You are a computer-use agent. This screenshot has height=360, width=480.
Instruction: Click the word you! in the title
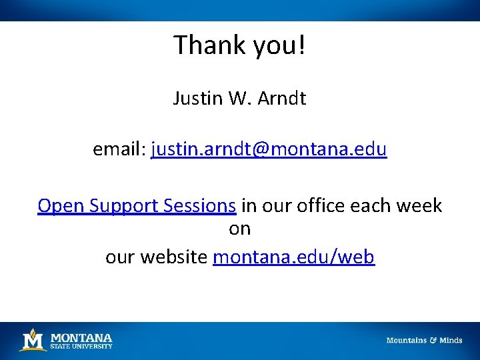click(x=279, y=46)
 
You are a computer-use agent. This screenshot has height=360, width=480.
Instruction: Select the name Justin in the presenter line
click(x=195, y=99)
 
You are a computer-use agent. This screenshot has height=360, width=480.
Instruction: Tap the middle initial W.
click(x=237, y=99)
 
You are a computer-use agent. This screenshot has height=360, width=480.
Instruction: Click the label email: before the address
click(x=119, y=149)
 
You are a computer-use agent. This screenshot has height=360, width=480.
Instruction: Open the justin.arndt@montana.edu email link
click(x=269, y=149)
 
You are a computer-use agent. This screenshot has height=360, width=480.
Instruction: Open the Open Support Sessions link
click(x=137, y=205)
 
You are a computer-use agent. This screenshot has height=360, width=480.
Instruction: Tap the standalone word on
click(x=240, y=229)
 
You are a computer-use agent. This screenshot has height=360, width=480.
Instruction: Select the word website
click(x=174, y=257)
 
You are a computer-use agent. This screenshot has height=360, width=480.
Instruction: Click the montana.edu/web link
click(x=293, y=257)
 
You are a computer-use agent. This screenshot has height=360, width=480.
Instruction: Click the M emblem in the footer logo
click(x=33, y=340)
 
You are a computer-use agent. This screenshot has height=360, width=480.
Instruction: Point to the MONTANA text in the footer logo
click(x=81, y=337)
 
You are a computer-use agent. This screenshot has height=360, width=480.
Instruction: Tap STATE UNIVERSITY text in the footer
click(x=81, y=346)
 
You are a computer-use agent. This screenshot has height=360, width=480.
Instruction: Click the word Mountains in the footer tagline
click(x=406, y=340)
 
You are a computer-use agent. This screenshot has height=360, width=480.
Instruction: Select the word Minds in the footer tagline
click(x=451, y=340)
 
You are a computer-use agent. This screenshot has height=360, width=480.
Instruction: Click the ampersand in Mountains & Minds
click(x=433, y=340)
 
